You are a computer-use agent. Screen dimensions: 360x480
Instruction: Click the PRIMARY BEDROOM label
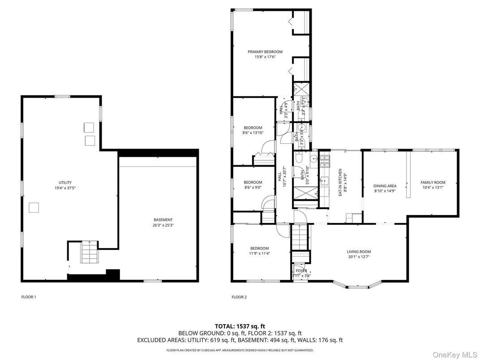[265, 52]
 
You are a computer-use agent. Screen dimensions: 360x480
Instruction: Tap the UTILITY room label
[65, 183]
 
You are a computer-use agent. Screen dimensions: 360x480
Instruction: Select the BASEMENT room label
[163, 220]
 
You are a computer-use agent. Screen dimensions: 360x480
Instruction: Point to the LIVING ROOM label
[359, 252]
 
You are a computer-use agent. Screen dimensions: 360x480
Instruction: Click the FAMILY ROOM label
[433, 182]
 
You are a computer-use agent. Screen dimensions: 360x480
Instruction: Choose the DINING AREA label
[385, 186]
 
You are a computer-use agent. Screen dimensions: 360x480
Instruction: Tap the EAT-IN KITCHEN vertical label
[340, 182]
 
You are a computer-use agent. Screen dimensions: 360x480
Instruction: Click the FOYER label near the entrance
[301, 270]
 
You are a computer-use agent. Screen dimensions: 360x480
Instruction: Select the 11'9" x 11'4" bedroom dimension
[259, 254]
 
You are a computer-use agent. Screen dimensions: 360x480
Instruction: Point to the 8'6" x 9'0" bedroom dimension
[253, 188]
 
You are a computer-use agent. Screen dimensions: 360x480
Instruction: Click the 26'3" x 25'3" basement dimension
[163, 225]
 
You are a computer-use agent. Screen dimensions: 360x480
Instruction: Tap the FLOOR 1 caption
[29, 297]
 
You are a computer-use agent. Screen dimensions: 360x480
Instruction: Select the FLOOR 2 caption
[239, 297]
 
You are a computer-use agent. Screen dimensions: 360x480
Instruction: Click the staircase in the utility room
[89, 253]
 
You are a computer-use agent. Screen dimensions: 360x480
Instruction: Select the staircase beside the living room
[300, 237]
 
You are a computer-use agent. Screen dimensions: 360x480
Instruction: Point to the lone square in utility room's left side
[34, 207]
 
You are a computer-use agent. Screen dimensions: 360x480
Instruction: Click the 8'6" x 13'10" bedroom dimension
[253, 133]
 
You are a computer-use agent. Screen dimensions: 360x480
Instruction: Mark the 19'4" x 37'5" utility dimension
[65, 188]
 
